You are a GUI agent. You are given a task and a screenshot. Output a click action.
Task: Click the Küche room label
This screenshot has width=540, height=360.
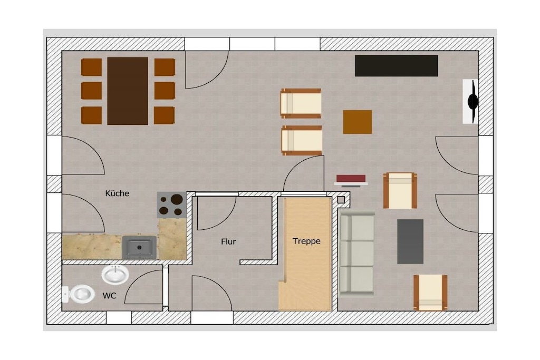pos(117,193)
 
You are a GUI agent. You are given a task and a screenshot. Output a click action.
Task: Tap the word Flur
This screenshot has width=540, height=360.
pos(228,242)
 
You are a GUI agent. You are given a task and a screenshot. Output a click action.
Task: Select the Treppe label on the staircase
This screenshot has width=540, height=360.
pos(306,241)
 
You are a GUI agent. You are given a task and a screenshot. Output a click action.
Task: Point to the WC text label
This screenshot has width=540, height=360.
pos(109,296)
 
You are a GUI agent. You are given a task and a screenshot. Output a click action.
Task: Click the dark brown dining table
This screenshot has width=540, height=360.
pos(128,91)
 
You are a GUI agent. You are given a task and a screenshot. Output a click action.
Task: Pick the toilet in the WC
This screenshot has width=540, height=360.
pos(79,294)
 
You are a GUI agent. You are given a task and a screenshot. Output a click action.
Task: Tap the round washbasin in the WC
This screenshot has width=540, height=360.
pos(115,275)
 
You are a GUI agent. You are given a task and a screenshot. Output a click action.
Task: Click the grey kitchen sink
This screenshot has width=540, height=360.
pos(139,247)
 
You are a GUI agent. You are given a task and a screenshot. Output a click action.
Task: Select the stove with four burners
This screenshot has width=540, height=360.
pos(172,205)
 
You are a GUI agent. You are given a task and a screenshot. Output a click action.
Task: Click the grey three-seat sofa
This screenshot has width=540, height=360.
pos(356,254)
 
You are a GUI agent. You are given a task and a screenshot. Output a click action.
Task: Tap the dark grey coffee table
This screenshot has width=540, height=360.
pos(410,241)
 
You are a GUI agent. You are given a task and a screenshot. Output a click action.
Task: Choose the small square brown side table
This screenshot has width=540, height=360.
pos(358,122)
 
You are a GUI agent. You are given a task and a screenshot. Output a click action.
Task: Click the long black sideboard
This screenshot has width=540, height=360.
pos(397,65)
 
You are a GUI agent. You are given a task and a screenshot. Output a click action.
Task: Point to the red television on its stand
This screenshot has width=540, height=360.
pos(351,180)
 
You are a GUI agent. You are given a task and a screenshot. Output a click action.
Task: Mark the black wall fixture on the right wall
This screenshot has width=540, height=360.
pos(472,101)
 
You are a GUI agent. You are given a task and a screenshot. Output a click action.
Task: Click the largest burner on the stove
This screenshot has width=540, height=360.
pos(177,199)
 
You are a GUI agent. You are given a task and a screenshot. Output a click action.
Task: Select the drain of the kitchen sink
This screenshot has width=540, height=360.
pos(139,247)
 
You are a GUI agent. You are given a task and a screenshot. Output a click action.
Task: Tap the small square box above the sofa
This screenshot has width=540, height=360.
pos(341,200)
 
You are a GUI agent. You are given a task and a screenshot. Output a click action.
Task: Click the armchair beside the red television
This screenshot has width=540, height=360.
pos(400,190)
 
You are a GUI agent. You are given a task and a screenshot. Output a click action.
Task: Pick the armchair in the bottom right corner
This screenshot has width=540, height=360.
pos(430,292)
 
